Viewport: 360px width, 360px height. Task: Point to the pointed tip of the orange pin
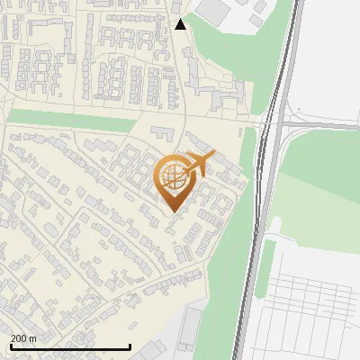pos(173,211)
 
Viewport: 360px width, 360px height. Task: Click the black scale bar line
pos(70,346)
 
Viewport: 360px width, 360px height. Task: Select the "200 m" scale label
pos(23,337)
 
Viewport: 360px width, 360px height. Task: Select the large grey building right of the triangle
pos(213,10)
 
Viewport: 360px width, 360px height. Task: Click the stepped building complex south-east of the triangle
pos(220,94)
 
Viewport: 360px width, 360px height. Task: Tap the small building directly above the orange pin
pos(163,132)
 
